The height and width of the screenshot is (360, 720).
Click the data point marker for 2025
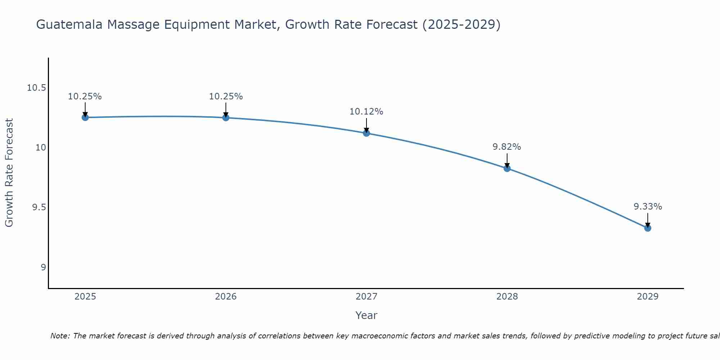tap(85, 117)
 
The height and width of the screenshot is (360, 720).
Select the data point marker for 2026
tap(226, 117)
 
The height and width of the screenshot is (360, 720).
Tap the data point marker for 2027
tap(366, 133)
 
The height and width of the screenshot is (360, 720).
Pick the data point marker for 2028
tap(507, 168)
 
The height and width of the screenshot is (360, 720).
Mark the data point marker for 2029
tap(648, 228)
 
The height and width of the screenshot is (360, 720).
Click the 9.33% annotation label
tap(648, 207)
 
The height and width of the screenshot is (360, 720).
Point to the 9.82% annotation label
tap(507, 147)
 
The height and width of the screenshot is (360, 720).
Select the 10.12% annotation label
tap(366, 112)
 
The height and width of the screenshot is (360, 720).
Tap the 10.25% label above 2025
tap(85, 96)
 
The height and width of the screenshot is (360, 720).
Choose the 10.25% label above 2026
tap(226, 96)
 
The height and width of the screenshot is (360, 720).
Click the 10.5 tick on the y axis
tap(36, 88)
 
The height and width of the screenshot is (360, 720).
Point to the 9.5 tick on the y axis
tap(39, 207)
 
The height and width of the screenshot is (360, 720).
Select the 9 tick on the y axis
tap(43, 267)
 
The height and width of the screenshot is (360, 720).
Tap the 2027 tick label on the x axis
tap(366, 297)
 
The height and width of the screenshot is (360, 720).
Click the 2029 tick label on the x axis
tap(648, 297)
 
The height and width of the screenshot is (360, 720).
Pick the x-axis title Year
tap(366, 315)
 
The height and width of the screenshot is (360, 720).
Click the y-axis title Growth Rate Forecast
tap(9, 173)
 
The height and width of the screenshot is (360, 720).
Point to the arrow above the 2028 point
tap(507, 161)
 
